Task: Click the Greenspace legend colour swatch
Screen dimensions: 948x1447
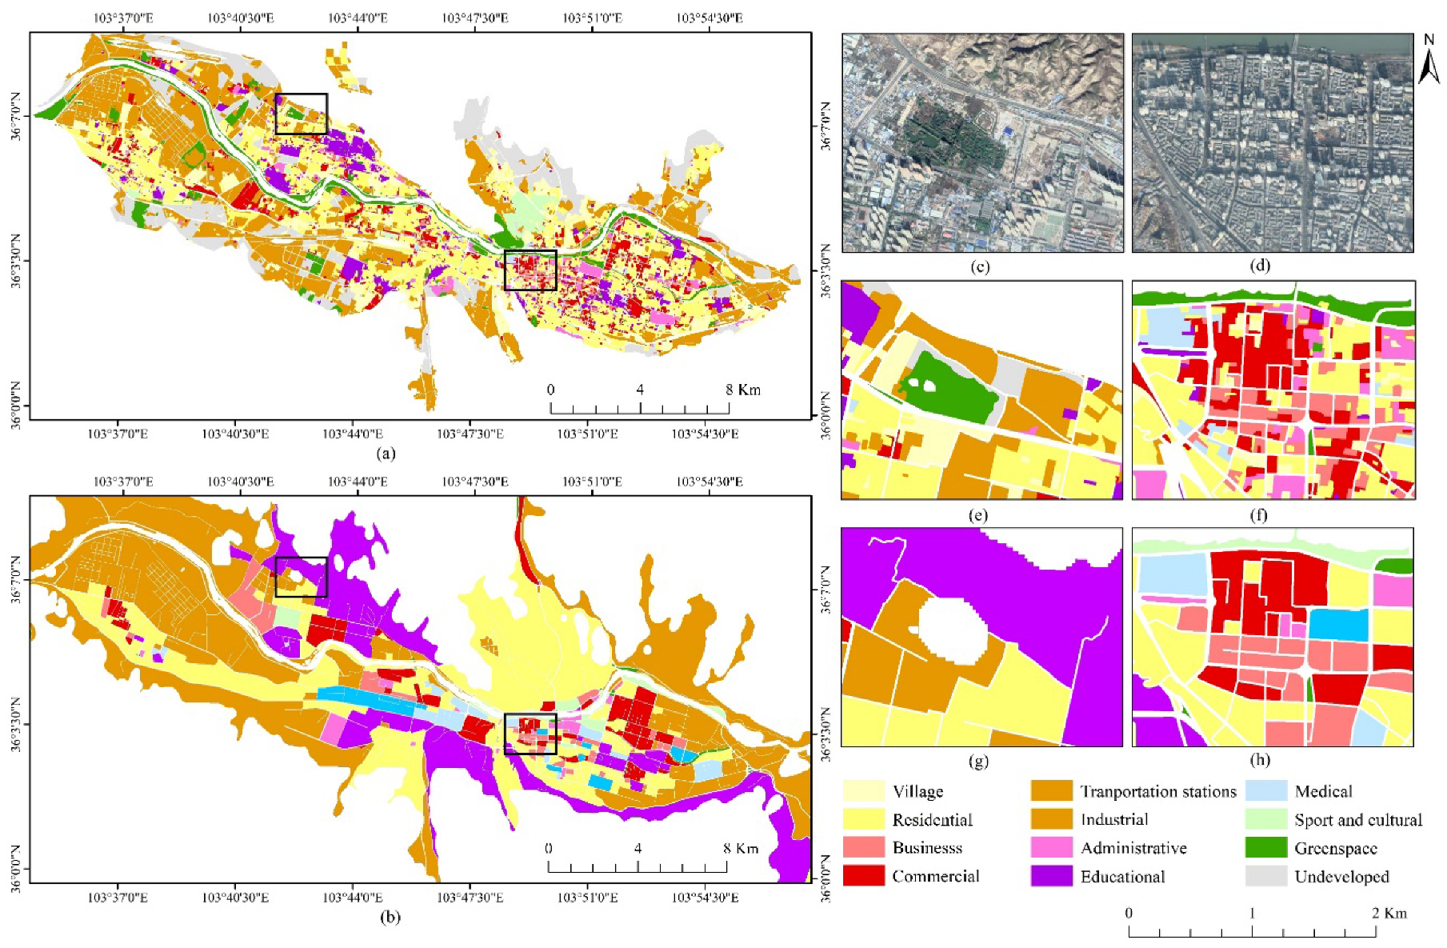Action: click(1265, 848)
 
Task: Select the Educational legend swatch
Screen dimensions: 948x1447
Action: click(1051, 876)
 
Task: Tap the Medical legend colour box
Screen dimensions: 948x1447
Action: click(1265, 791)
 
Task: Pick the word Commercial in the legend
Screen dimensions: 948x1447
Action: click(935, 876)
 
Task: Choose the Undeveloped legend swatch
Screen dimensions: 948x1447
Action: click(1265, 876)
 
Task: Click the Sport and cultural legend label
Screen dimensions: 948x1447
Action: click(1358, 820)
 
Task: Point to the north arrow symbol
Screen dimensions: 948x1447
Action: click(1429, 60)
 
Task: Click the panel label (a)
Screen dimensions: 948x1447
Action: click(386, 454)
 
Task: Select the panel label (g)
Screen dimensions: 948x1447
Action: click(978, 761)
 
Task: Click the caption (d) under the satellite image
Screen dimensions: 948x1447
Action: click(1260, 266)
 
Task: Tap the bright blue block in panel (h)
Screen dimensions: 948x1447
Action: click(1337, 625)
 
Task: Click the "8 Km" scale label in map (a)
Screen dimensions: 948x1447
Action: click(742, 390)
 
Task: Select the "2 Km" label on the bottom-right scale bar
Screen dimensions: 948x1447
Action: click(1389, 913)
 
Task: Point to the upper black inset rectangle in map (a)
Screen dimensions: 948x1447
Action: click(301, 114)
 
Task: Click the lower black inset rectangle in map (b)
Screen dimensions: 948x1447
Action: click(530, 734)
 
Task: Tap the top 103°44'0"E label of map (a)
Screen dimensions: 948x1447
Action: click(358, 18)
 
